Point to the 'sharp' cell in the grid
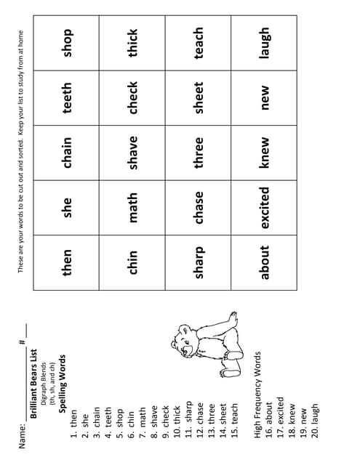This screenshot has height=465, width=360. click(x=199, y=263)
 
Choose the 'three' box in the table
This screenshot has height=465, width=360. click(x=199, y=153)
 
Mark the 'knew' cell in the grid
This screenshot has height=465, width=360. click(x=265, y=153)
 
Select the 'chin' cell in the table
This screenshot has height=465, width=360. click(x=134, y=263)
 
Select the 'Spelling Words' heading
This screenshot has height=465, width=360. click(x=63, y=392)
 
